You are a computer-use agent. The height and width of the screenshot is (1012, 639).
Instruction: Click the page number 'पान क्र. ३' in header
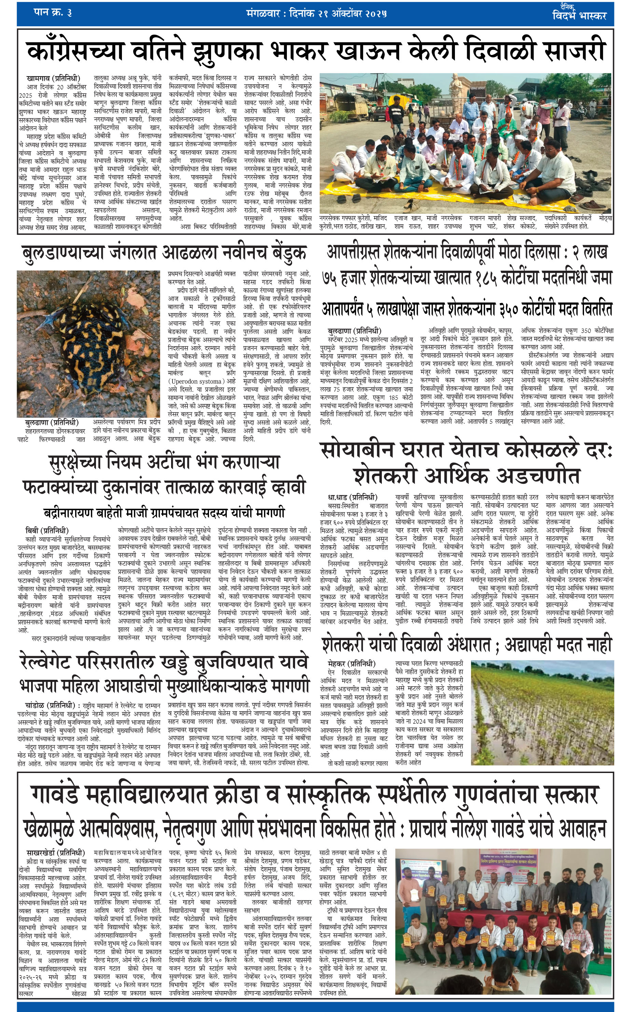coord(52,13)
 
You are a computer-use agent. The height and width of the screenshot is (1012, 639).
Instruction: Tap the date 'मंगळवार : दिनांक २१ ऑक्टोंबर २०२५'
coord(316,13)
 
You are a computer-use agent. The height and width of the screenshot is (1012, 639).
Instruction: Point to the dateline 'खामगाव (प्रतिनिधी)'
coord(53,78)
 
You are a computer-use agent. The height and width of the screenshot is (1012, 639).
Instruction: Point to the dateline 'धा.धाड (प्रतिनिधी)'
coord(352,497)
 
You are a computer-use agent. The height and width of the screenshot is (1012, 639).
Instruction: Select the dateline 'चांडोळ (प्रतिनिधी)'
coord(50,705)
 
